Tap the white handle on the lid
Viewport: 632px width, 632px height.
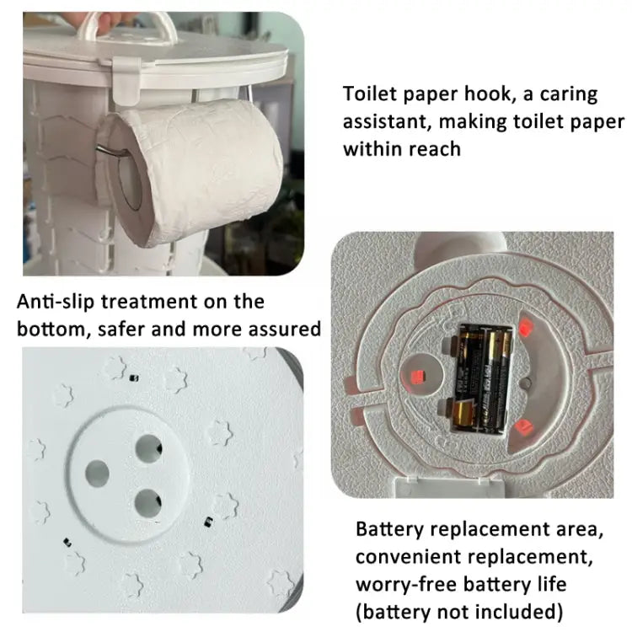coord(128,24)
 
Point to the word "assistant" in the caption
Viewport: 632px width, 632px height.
coord(387,121)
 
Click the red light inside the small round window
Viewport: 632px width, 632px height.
coord(417,377)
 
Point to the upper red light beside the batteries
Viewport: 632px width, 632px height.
coord(526,325)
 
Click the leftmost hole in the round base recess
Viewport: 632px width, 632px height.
coord(97,474)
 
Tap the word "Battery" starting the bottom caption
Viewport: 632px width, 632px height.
coord(389,529)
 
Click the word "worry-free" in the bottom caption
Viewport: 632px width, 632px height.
coord(405,585)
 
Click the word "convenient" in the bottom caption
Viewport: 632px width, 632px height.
coord(409,557)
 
